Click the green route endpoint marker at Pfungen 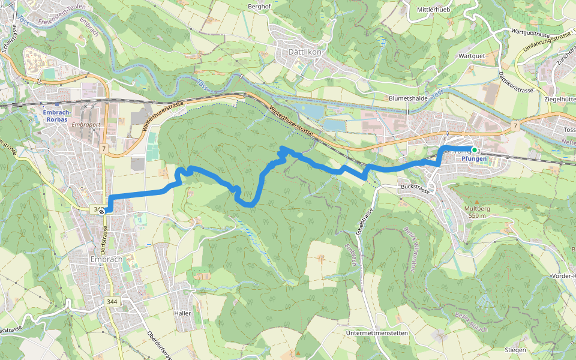[x=474, y=150]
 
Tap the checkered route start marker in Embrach [x=103, y=211]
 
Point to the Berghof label [x=260, y=6]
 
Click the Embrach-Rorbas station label [x=58, y=115]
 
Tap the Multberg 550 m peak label [x=478, y=212]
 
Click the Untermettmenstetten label [x=377, y=333]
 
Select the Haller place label [x=182, y=313]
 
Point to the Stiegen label [x=515, y=350]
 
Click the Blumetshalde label [x=408, y=98]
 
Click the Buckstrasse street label [x=414, y=188]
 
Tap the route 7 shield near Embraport [x=104, y=148]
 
